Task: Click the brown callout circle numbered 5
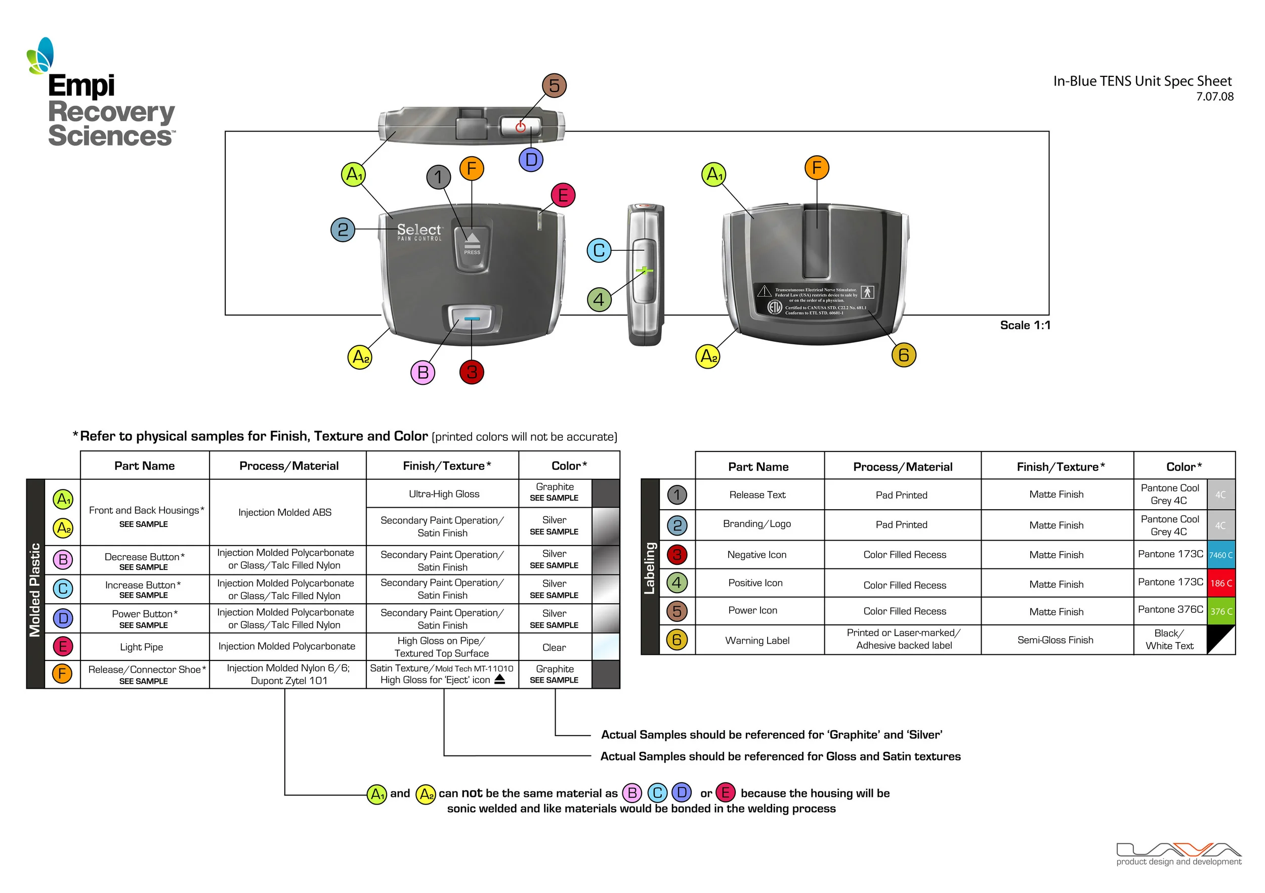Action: (x=554, y=86)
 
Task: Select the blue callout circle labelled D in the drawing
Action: (x=531, y=160)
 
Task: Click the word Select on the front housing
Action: (x=419, y=229)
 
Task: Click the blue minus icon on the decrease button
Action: (x=472, y=319)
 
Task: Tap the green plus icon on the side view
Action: (x=644, y=270)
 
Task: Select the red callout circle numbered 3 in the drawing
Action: (x=472, y=372)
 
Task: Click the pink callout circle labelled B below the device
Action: (x=423, y=373)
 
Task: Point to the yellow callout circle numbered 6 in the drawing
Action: (x=904, y=355)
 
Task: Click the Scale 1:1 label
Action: (x=1025, y=325)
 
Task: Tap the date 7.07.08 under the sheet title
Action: (x=1214, y=97)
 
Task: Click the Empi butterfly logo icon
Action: (x=40, y=56)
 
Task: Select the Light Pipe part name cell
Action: (x=142, y=647)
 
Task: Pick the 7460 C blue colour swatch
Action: (x=1220, y=555)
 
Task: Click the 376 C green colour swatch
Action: (x=1220, y=612)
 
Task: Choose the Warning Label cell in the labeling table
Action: (x=757, y=640)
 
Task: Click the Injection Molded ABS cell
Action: (x=285, y=513)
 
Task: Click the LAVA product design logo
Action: (x=1178, y=853)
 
